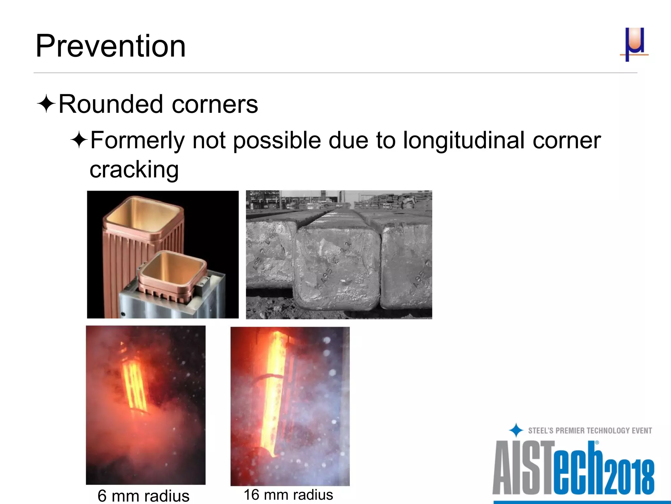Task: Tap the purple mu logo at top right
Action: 634,44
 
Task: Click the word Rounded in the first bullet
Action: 110,104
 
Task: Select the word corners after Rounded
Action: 215,104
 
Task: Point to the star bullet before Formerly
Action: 79,140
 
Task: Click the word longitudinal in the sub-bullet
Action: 464,140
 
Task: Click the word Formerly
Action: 138,140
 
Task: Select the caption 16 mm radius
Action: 288,494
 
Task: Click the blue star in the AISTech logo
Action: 516,430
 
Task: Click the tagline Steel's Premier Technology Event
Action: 590,430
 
